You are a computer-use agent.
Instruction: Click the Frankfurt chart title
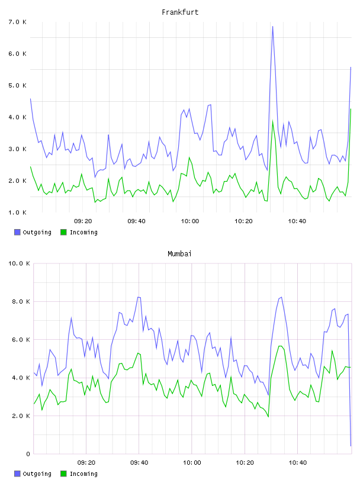click(180, 12)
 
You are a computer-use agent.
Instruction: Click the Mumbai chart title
click(179, 254)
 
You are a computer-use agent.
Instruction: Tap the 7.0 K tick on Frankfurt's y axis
click(18, 22)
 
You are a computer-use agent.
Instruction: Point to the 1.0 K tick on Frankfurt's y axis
click(18, 212)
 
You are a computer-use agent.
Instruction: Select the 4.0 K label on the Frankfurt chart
click(18, 117)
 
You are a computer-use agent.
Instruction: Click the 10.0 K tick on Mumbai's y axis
click(19, 263)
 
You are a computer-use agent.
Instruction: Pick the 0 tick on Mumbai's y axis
click(28, 454)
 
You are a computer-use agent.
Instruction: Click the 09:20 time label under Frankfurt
click(83, 221)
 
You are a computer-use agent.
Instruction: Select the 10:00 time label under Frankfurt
click(190, 221)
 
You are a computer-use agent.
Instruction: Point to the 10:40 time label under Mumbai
click(298, 463)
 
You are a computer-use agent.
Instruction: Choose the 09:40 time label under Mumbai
click(139, 463)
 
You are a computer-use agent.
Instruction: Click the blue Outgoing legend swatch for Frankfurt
click(17, 232)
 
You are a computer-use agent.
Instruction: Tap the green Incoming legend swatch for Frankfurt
click(63, 232)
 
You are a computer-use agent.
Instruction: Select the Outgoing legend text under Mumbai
click(37, 474)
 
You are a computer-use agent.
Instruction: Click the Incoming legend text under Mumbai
click(83, 474)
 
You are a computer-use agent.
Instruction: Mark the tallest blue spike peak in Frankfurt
click(272, 27)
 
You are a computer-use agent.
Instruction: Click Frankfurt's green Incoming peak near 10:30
click(272, 121)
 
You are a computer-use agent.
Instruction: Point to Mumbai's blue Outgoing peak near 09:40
click(139, 297)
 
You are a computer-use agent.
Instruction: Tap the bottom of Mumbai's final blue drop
click(351, 446)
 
